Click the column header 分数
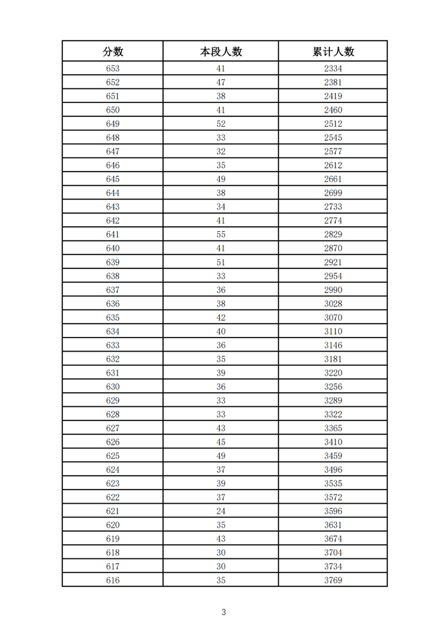[113, 51]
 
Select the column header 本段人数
[220, 51]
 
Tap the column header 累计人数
[333, 51]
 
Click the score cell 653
[113, 69]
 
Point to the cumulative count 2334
[333, 69]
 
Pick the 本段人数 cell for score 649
[220, 124]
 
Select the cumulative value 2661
[333, 179]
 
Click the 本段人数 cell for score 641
[220, 235]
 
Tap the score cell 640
[113, 249]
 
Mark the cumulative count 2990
[333, 290]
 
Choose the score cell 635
[113, 317]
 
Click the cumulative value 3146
[333, 345]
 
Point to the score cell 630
[113, 387]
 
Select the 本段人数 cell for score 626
[220, 442]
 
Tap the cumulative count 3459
[333, 456]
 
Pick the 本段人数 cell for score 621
[220, 511]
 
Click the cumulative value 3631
[333, 525]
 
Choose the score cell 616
[113, 581]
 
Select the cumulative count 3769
[333, 581]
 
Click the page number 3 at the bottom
[223, 612]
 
